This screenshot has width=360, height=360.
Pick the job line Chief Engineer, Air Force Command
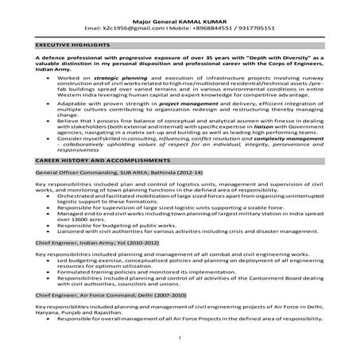point(86,294)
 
